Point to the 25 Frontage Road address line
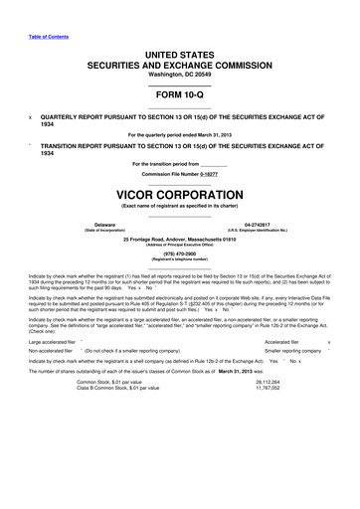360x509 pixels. point(179,240)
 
